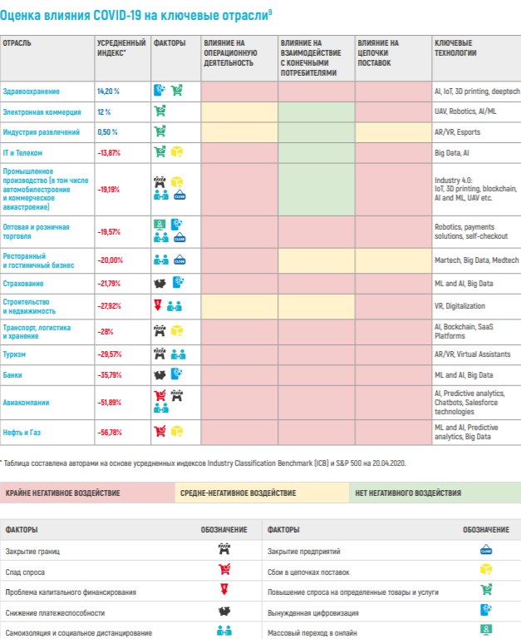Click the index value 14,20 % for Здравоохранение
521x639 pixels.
(x=108, y=91)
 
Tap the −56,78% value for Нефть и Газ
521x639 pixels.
(x=110, y=432)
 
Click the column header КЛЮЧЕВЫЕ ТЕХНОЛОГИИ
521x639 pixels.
(x=454, y=47)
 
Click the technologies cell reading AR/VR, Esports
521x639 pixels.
(x=457, y=131)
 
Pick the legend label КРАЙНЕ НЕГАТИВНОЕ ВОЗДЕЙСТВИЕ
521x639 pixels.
(x=63, y=493)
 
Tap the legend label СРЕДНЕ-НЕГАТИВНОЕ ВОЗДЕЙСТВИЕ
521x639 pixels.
(x=238, y=493)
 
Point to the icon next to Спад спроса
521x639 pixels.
(x=224, y=571)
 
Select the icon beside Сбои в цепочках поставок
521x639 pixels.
(x=486, y=571)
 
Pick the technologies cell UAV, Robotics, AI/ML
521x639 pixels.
(x=462, y=111)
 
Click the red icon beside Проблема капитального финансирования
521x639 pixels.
(x=224, y=592)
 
